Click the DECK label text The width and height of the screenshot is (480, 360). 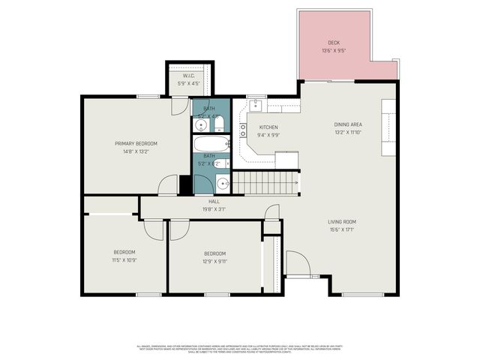tap(334, 43)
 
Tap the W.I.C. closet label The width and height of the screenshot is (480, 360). tap(190, 76)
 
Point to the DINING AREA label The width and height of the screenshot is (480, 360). tap(348, 124)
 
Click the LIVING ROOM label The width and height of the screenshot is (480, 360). tap(341, 221)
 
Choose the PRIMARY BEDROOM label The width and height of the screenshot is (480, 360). tap(136, 143)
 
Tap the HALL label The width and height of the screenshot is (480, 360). tap(214, 202)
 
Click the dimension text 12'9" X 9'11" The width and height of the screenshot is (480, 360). tap(214, 262)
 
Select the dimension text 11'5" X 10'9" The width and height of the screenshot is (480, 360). tap(124, 260)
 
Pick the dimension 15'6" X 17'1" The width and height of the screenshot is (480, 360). tap(341, 230)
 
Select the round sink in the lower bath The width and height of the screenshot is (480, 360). tap(223, 183)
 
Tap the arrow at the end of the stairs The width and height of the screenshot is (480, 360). tap(296, 182)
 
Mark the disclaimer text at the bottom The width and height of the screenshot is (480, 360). tap(239, 349)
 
